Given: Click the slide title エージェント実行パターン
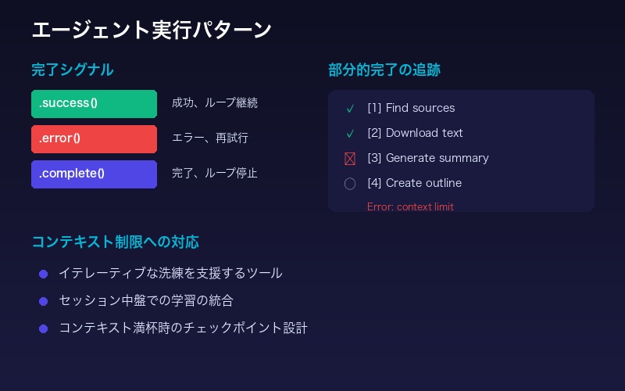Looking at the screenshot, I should click(x=152, y=30).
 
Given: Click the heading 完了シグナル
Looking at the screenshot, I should click(x=72, y=70).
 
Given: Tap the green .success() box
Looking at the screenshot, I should click(x=94, y=104).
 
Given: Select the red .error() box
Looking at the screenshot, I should click(x=94, y=139).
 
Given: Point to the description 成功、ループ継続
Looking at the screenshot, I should click(x=215, y=103).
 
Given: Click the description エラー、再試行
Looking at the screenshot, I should click(x=210, y=138).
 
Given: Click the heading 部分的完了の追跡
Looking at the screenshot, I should click(x=384, y=70).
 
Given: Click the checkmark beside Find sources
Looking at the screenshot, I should click(x=350, y=109).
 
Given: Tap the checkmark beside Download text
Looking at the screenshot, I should click(x=350, y=134).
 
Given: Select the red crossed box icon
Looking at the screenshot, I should click(x=350, y=159).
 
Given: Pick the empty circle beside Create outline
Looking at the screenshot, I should click(x=350, y=184).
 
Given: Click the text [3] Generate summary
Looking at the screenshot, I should click(x=427, y=158).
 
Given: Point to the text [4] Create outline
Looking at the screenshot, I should click(x=414, y=183).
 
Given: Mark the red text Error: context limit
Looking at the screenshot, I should click(x=410, y=207).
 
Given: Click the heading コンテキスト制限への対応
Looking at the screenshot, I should click(x=120, y=242).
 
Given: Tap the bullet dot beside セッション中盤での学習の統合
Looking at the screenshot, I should click(x=43, y=301).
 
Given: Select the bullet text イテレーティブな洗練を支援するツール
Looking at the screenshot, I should click(x=170, y=274).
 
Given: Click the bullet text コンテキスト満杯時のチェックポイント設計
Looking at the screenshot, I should click(x=183, y=328).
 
